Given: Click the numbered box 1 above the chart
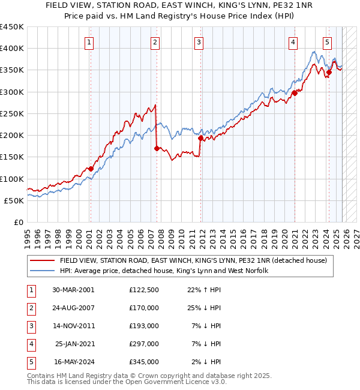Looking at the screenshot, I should [x=89, y=42].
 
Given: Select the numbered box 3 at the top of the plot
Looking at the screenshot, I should [x=199, y=42].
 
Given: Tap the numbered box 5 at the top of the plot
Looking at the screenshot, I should [x=327, y=42].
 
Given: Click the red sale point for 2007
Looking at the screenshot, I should [x=156, y=148].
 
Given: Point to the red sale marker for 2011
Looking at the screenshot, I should [x=200, y=138].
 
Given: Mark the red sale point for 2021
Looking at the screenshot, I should [x=295, y=93].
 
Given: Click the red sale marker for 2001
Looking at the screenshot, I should [x=91, y=169].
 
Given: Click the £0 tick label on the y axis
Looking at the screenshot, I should [x=18, y=222].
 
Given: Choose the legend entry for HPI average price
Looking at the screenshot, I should [x=163, y=271].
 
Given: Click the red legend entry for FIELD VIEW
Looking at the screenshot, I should [x=192, y=261].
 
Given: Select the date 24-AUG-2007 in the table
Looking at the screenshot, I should [x=73, y=307].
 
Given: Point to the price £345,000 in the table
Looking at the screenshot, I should [x=143, y=362].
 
